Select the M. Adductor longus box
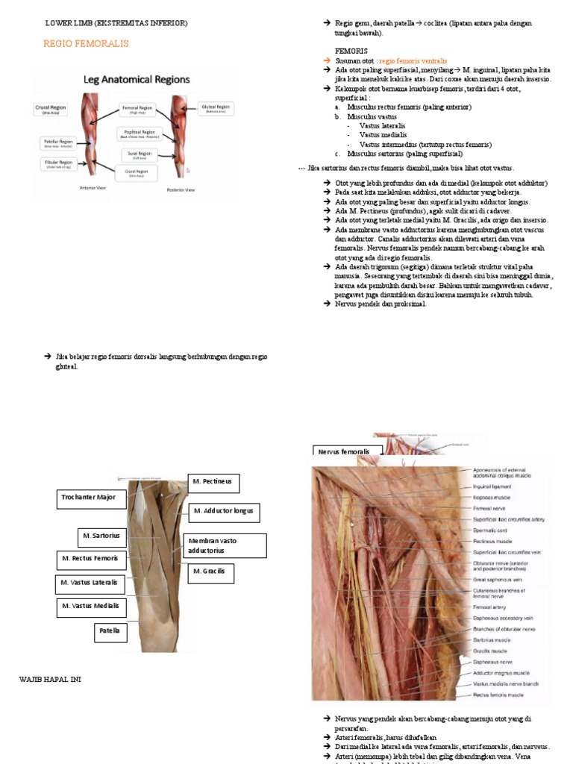pos(223,513)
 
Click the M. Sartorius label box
pos(102,536)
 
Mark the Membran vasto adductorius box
pos(224,545)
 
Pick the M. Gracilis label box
pos(210,573)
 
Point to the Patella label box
pos(110,633)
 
